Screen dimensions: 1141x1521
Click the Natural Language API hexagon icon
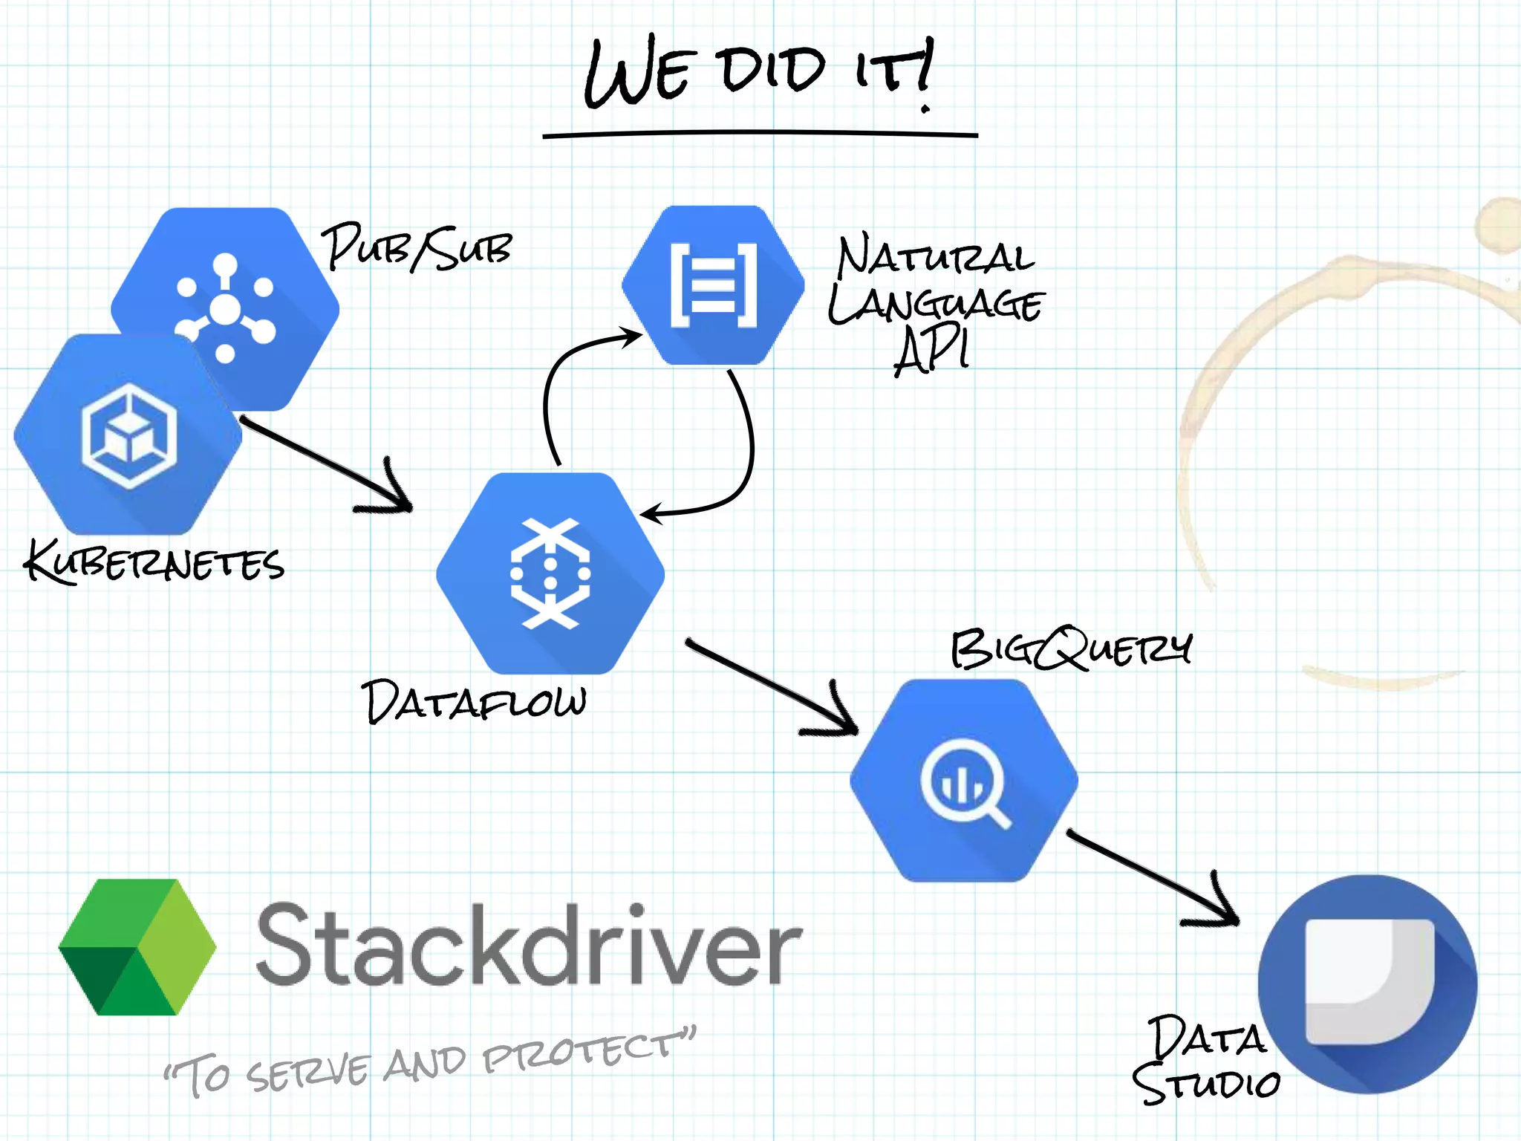tap(713, 285)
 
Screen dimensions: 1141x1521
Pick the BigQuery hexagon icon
tap(963, 781)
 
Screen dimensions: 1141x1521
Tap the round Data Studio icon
tap(1367, 984)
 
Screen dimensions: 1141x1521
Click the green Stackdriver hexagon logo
tap(137, 947)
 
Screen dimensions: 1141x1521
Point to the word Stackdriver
tap(528, 946)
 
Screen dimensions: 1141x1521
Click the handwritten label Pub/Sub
tap(417, 247)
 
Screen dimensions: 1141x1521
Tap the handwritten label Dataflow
tap(474, 701)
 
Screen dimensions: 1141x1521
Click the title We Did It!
tap(758, 72)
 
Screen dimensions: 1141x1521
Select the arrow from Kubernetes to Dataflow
tap(327, 464)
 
